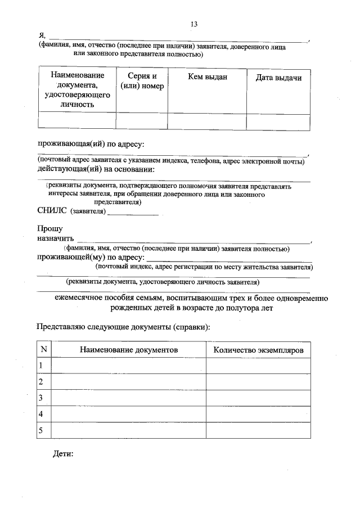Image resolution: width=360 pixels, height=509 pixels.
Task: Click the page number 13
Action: [194, 24]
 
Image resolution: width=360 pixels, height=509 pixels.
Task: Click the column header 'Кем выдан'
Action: [207, 77]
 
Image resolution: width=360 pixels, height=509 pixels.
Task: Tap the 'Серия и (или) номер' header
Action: [142, 81]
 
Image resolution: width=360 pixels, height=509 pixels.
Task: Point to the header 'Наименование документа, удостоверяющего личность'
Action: [77, 89]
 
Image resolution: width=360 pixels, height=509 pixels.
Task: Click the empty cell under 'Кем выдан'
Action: [207, 121]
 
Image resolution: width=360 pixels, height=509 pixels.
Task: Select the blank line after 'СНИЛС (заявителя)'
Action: [133, 213]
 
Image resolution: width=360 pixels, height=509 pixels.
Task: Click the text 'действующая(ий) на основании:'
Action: [96, 169]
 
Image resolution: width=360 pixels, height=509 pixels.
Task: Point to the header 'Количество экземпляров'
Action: [258, 349]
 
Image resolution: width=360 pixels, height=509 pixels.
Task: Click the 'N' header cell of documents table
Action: [43, 349]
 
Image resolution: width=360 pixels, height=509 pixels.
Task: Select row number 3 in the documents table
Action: [40, 398]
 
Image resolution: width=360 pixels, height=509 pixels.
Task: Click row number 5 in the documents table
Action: [40, 430]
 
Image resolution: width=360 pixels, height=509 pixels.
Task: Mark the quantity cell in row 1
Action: [258, 366]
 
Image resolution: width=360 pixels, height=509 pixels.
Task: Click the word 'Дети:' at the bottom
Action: [63, 453]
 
